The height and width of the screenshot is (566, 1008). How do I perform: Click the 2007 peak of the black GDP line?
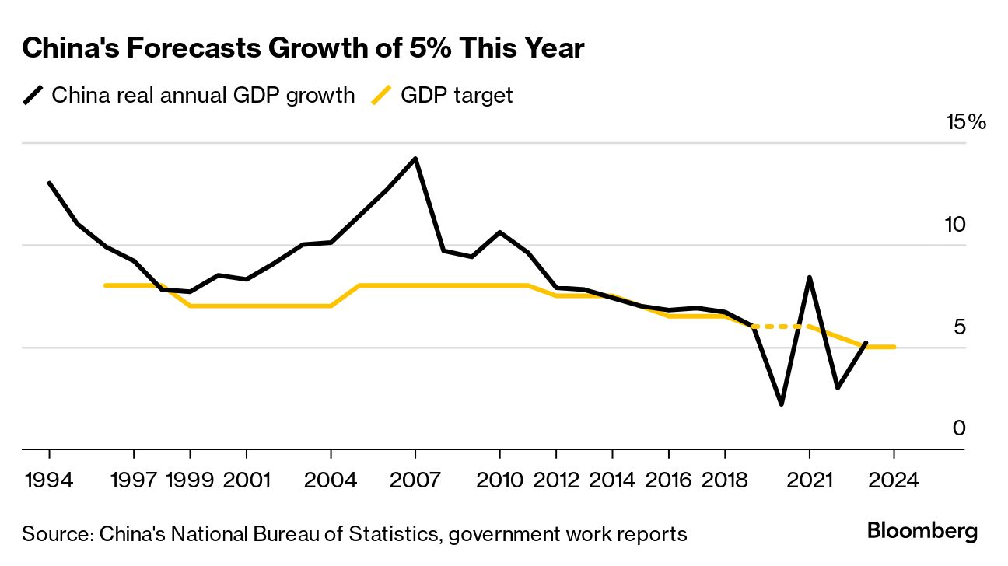pos(415,159)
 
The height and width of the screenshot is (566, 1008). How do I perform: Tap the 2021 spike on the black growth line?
pos(810,278)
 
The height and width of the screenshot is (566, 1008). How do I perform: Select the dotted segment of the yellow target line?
pos(782,327)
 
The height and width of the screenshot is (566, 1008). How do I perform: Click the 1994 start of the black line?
pos(50,183)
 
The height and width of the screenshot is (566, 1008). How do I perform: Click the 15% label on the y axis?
pos(965,123)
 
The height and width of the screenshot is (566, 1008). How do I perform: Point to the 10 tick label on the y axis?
pos(965,225)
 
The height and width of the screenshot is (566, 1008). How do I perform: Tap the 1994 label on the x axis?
pos(50,479)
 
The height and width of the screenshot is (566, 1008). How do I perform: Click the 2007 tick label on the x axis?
pos(415,479)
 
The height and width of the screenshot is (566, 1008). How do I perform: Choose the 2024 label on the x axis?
pos(894,479)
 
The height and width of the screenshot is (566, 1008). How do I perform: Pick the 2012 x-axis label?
pos(556,479)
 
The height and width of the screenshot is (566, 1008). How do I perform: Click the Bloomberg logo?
pos(922,533)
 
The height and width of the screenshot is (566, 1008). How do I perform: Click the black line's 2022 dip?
pos(838,387)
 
